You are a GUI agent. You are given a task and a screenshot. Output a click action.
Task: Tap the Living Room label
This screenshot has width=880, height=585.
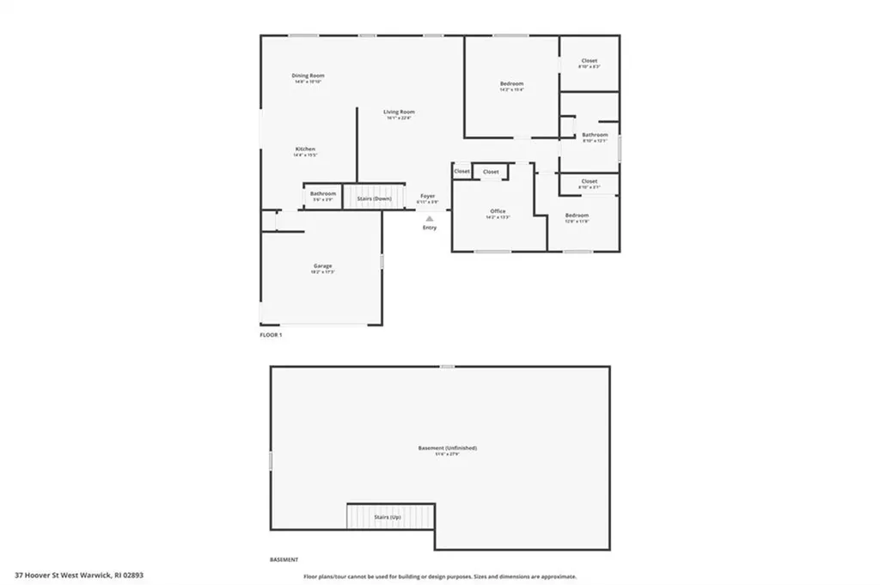(399, 112)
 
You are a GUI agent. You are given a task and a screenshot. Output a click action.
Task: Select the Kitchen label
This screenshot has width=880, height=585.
(305, 149)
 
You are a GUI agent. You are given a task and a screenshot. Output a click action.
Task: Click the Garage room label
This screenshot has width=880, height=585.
(322, 266)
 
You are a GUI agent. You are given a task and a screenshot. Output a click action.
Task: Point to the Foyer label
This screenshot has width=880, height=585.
(427, 196)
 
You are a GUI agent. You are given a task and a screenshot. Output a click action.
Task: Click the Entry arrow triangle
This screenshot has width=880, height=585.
(429, 219)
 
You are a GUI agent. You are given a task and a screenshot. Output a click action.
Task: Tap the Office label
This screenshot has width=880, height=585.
(498, 211)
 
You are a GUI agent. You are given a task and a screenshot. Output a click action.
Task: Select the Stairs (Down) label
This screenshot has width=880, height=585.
(374, 198)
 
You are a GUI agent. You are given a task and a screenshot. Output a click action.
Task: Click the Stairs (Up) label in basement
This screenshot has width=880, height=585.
(387, 517)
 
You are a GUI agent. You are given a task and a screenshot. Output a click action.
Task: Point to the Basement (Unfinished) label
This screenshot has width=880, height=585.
(447, 448)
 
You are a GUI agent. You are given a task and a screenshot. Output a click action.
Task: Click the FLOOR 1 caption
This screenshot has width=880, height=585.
(271, 335)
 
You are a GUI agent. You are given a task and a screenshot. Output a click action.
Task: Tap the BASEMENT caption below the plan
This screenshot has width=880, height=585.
(284, 559)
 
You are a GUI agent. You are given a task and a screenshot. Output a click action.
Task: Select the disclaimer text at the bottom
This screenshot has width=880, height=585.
(439, 577)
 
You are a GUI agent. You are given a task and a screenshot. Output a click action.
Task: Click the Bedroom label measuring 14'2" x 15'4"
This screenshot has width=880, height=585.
(511, 84)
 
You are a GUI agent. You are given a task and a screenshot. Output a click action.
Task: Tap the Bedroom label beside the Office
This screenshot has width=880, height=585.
(577, 216)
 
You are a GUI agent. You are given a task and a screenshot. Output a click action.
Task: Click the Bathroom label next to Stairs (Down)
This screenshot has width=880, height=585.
(323, 194)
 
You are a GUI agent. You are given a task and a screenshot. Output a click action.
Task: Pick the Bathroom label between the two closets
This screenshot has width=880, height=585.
(595, 135)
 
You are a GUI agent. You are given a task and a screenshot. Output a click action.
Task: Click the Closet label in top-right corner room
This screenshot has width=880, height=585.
(589, 61)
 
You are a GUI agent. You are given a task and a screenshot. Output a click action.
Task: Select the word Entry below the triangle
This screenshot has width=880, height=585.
(429, 228)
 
